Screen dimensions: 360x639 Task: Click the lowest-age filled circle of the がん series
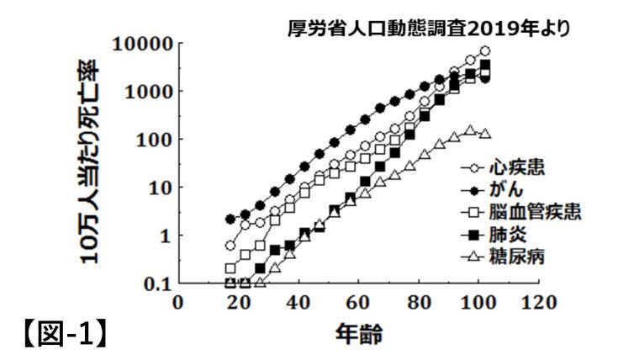230,219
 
